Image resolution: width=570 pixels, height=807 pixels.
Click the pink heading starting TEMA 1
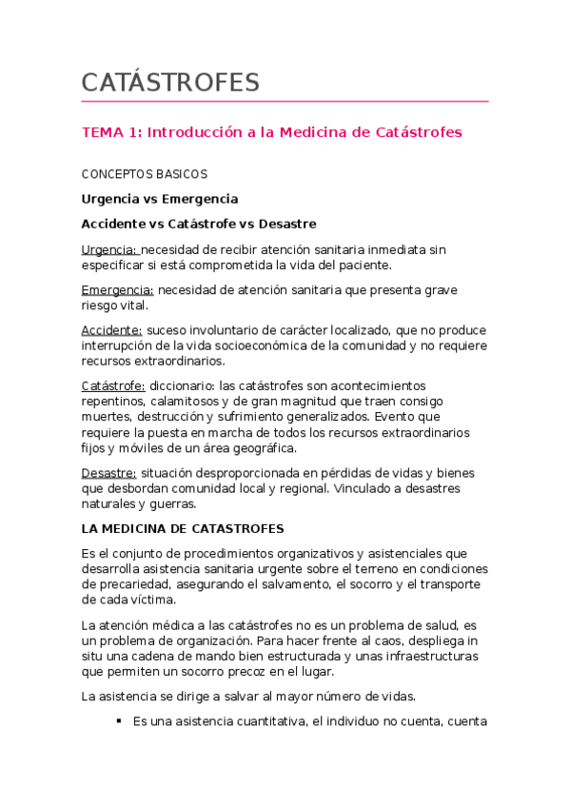point(271,132)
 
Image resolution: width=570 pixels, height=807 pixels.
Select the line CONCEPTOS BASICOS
point(144,174)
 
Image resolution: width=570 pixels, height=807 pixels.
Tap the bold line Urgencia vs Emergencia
point(159,199)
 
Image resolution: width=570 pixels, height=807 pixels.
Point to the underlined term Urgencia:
point(109,249)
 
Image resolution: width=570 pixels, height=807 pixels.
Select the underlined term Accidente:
point(112,330)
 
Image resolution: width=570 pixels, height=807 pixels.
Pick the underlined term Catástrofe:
point(113,385)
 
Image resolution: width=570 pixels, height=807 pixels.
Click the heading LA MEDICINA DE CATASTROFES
point(183,528)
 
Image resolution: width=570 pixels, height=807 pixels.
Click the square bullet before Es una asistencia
point(119,720)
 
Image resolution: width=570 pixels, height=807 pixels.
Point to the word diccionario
point(182,385)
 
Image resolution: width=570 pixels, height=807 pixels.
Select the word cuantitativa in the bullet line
point(263,721)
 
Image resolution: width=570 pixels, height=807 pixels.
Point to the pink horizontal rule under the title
point(285,101)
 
